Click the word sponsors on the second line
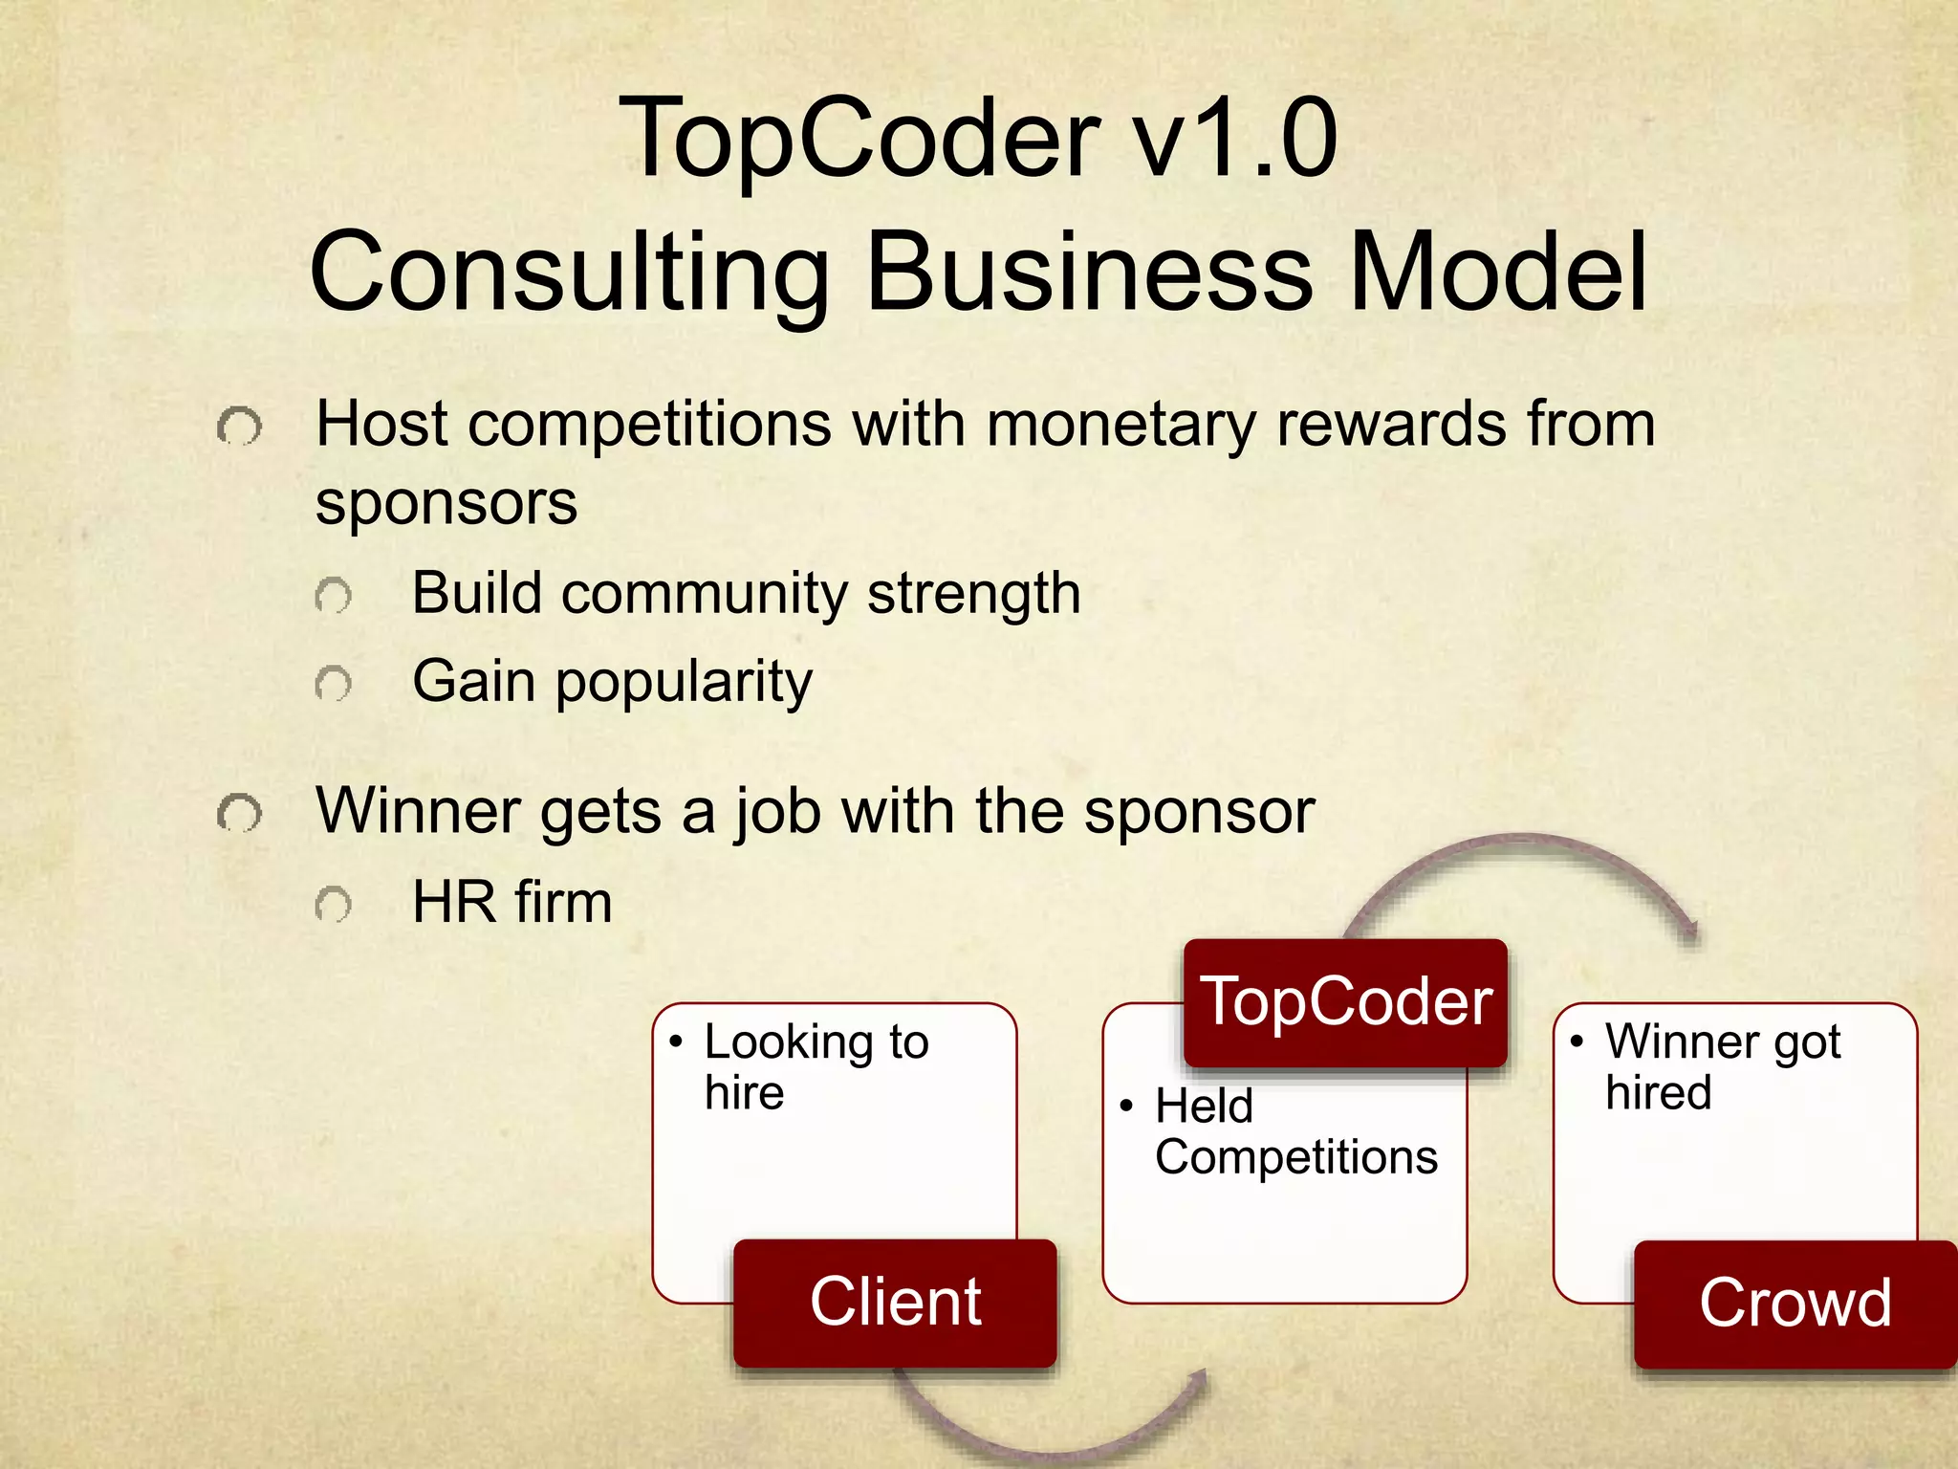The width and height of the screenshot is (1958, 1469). coord(446,502)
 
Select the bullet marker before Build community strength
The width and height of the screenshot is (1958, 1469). coord(333,596)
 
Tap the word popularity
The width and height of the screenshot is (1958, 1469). coord(684,683)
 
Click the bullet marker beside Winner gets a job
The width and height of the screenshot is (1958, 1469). coord(238,814)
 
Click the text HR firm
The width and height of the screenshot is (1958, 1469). coord(511,902)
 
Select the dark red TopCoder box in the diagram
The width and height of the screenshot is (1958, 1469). coord(1345,1002)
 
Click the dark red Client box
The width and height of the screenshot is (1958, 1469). coord(895,1302)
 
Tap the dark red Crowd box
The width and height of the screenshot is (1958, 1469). coord(1795,1303)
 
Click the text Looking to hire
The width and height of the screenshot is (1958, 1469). coord(815,1066)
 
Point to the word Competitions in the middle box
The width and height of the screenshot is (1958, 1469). coord(1295,1157)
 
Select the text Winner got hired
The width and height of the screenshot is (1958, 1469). coord(1722,1066)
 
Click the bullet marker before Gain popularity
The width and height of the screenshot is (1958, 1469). coord(333,684)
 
